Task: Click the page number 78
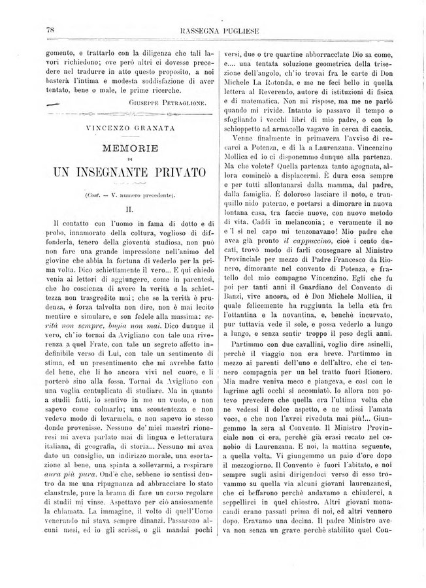click(50, 29)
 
